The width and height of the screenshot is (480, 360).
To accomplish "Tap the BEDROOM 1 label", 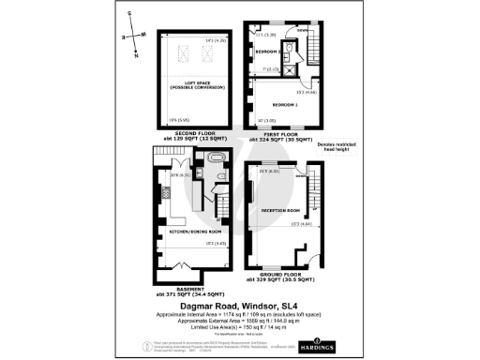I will (x=276, y=103).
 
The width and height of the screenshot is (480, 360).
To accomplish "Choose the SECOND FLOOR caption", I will (x=195, y=135).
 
